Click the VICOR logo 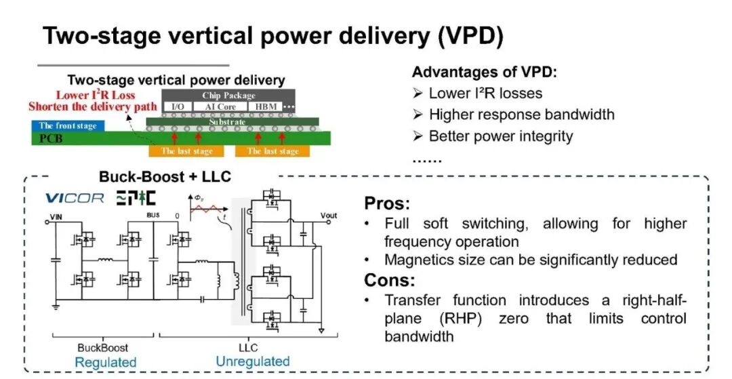coord(75,199)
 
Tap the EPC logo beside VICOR coord(136,198)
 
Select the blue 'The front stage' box coord(68,125)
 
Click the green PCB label coord(52,138)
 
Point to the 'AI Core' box coord(220,107)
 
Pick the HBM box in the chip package coord(266,107)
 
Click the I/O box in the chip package coord(178,107)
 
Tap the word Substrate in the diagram coord(227,122)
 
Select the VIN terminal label coord(56,217)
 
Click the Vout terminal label coord(329,215)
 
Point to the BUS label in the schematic coord(153,215)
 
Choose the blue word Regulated coord(106,362)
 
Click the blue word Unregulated coord(253,361)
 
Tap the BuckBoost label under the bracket coord(103,348)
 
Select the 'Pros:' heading coord(387,203)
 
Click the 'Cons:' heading coord(389,280)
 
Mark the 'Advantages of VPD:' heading coord(485,73)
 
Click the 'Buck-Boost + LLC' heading coord(165,177)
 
